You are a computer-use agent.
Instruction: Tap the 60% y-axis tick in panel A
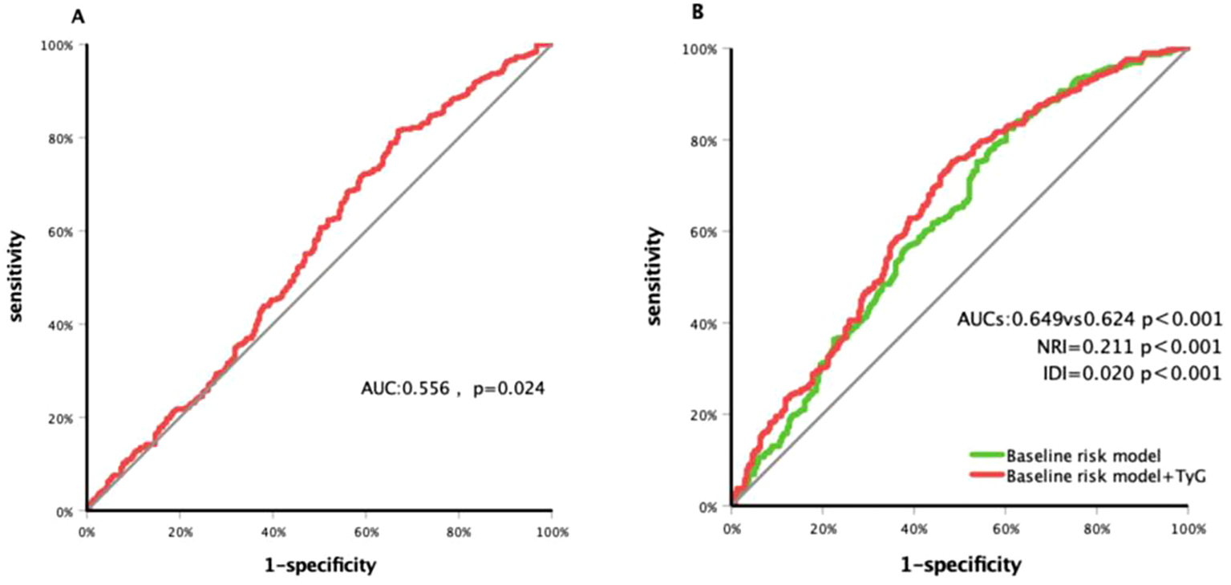pos(67,232)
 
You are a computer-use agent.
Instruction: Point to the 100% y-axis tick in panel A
pos(64,46)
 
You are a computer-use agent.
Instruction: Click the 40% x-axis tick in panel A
pos(273,532)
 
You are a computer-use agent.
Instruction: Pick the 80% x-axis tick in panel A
pos(459,532)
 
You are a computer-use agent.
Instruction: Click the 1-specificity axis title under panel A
pos(318,567)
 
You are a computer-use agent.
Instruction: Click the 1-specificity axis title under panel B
pos(959,565)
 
